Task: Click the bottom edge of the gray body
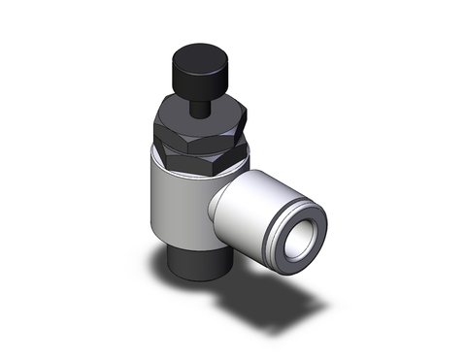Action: [x=189, y=251]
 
